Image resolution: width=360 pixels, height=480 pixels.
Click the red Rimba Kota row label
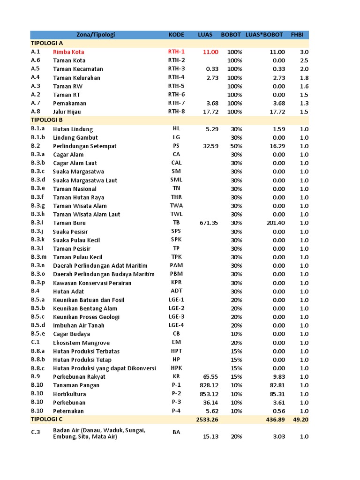tap(68, 52)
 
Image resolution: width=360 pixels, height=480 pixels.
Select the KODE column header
tap(176, 35)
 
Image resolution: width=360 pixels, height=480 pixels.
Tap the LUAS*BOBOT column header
tap(264, 35)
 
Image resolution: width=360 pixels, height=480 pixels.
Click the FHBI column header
tap(297, 35)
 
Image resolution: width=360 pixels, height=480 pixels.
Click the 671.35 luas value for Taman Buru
tap(208, 223)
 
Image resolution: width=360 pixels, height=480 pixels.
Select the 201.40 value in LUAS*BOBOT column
tap(276, 223)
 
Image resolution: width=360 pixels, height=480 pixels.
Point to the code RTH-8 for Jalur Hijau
tap(176, 112)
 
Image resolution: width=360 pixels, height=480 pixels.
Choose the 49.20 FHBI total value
tap(300, 420)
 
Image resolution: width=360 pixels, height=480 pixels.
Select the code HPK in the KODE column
tap(176, 368)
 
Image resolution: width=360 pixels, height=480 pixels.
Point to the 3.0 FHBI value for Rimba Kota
tap(304, 52)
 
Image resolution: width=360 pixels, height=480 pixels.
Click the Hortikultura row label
tap(69, 394)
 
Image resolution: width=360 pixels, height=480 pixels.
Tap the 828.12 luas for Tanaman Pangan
tap(208, 385)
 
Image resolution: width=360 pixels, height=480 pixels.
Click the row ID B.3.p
tap(38, 283)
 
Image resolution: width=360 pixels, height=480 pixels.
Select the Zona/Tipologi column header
tap(96, 35)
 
